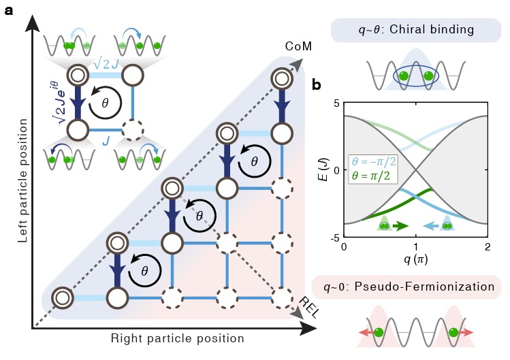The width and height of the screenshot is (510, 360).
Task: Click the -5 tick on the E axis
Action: click(x=334, y=236)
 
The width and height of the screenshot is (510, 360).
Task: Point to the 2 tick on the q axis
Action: click(x=486, y=246)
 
